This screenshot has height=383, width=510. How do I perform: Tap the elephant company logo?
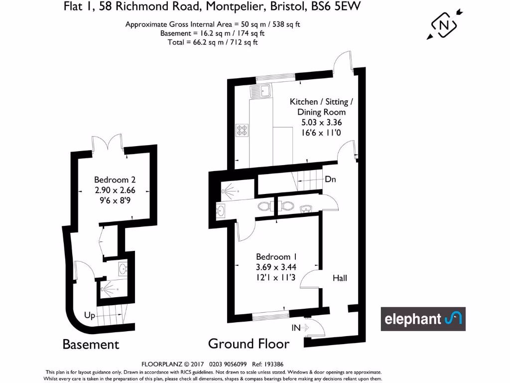click(423, 319)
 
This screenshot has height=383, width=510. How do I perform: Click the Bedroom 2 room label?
click(115, 180)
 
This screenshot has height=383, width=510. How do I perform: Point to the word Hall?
click(340, 278)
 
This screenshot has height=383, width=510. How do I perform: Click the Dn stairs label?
click(330, 179)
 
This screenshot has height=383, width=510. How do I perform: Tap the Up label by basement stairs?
click(90, 316)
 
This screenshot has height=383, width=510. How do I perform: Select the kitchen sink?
click(261, 91)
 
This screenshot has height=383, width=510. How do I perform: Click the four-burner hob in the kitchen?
click(242, 130)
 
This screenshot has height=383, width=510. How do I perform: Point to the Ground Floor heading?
click(249, 344)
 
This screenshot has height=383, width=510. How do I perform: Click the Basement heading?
click(91, 344)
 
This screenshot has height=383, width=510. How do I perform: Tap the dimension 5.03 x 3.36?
click(321, 122)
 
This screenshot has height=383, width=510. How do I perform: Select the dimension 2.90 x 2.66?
click(115, 190)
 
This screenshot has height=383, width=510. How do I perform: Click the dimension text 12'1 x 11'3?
click(275, 278)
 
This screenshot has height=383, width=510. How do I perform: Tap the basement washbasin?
click(123, 269)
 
